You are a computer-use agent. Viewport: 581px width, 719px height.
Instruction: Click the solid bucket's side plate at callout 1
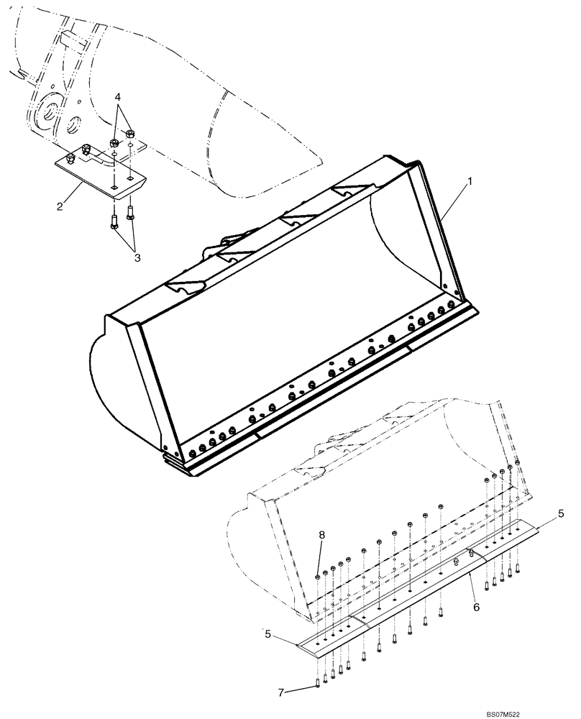pyautogui.click(x=441, y=230)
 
